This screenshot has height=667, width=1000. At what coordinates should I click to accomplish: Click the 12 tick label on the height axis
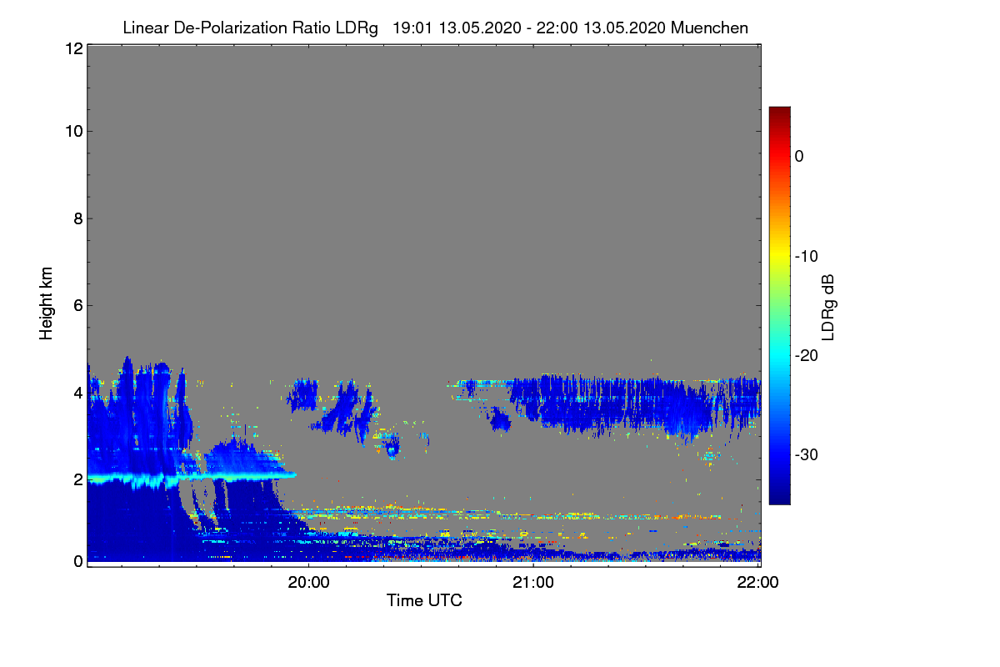[74, 48]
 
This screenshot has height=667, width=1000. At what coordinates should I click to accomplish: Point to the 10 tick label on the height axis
[74, 132]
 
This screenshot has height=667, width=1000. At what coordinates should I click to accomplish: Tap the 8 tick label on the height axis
[78, 219]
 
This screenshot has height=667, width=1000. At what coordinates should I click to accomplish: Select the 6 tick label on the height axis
[78, 306]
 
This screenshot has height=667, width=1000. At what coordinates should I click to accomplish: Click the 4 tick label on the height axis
[78, 394]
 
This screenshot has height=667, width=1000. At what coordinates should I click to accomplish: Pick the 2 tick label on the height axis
[78, 479]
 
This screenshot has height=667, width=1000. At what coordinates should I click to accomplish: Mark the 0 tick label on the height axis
[78, 561]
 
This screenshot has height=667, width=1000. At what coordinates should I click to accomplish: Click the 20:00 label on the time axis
[308, 583]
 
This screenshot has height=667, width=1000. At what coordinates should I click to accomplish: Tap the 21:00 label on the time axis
[533, 583]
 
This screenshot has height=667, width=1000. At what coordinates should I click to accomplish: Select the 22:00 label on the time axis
[757, 583]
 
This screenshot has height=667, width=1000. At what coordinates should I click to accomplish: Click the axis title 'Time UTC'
[424, 600]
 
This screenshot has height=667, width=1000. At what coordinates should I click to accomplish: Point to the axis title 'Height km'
[46, 303]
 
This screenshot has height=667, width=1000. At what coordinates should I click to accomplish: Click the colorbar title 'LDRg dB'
[827, 308]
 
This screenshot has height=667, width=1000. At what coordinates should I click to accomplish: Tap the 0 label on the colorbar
[799, 157]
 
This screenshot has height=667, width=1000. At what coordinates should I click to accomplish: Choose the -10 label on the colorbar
[807, 257]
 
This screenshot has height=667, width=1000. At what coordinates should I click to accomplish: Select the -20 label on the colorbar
[807, 356]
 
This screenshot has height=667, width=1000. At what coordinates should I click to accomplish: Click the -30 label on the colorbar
[807, 454]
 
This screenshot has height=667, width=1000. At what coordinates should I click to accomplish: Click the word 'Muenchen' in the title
[709, 28]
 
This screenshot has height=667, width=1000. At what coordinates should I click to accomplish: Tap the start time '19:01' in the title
[412, 28]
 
